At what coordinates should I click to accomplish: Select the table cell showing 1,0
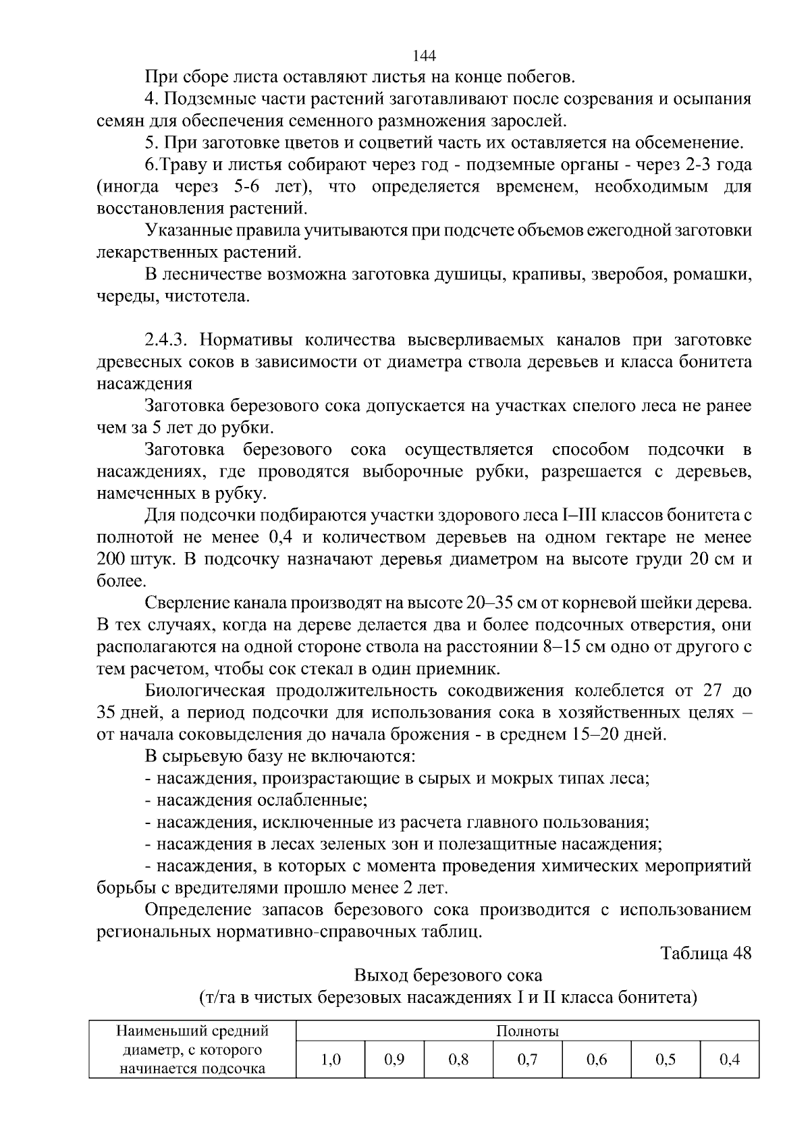tap(330, 1060)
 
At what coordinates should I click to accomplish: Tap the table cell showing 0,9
tap(394, 1060)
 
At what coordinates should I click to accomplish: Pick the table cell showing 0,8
tap(458, 1060)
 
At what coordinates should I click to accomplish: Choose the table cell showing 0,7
tap(527, 1060)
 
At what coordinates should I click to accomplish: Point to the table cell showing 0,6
tap(597, 1060)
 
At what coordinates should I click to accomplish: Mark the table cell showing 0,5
tap(666, 1060)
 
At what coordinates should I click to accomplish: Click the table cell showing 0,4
tap(730, 1060)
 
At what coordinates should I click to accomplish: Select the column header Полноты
tap(527, 1031)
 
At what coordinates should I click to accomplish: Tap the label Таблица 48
tap(705, 953)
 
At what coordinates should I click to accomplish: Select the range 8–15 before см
tap(566, 647)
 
